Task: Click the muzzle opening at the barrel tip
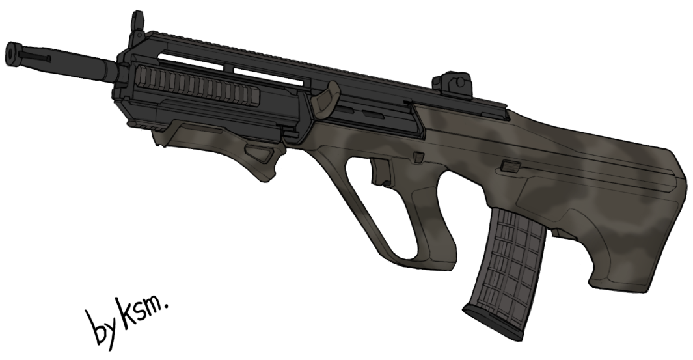[12, 54]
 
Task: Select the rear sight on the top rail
[454, 83]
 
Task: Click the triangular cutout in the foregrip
[260, 156]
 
